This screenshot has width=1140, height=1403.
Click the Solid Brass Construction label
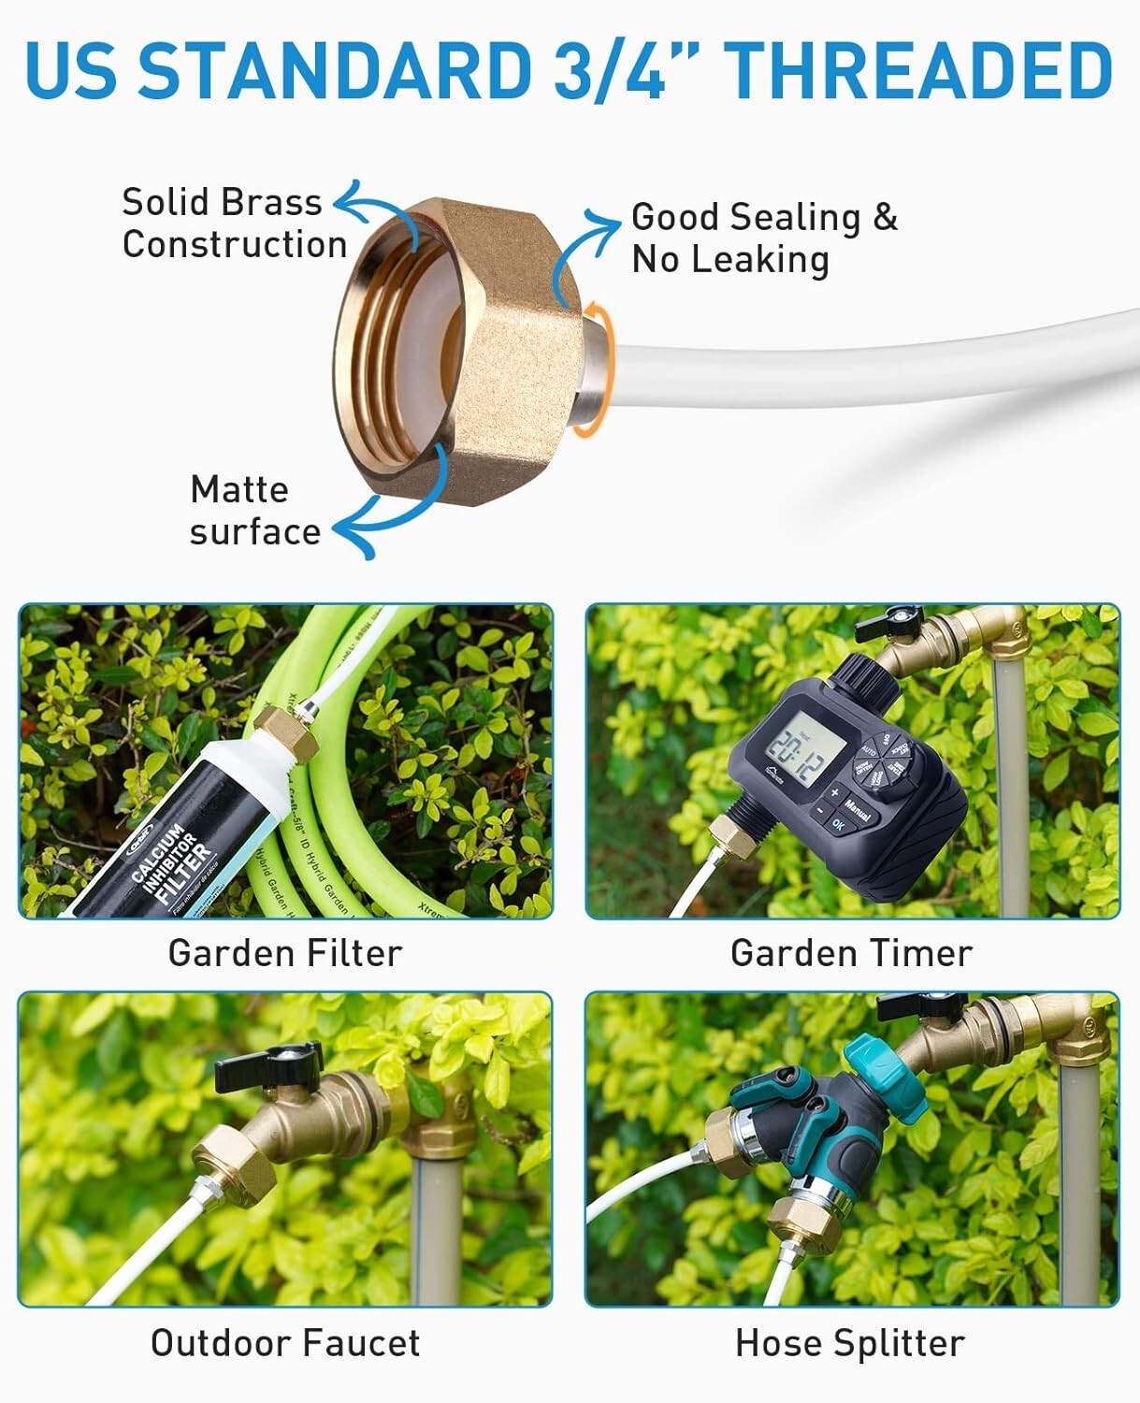tap(233, 223)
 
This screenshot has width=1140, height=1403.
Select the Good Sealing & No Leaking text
tap(763, 238)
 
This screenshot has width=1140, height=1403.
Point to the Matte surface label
tap(254, 511)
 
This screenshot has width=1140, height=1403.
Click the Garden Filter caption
tap(284, 953)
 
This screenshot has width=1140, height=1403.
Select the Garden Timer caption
tap(851, 953)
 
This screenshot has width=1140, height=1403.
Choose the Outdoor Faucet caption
tap(284, 1343)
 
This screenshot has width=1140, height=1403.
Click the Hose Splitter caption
tap(849, 1343)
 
